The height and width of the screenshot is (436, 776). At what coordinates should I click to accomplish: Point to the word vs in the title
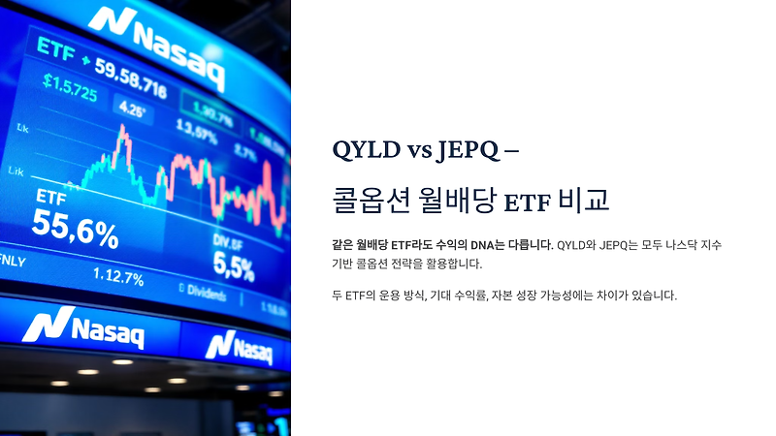pyautogui.click(x=414, y=151)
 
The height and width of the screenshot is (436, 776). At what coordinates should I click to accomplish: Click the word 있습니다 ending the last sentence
pyautogui.click(x=651, y=295)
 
